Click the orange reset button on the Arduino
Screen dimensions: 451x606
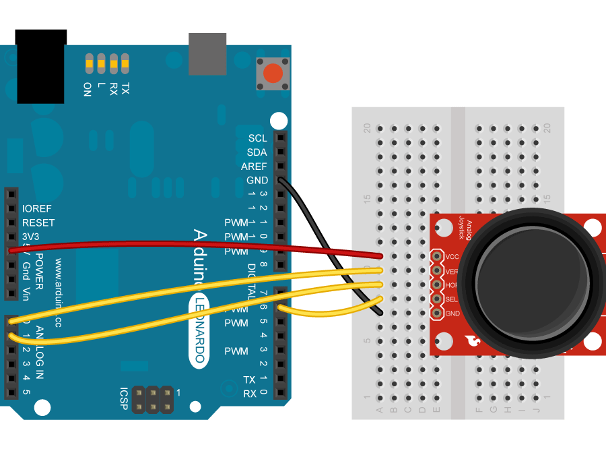(273, 73)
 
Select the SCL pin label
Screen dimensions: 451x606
(257, 138)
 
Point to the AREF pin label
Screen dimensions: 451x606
(254, 167)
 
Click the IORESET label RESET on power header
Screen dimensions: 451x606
(38, 223)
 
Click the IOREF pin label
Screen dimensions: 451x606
(37, 209)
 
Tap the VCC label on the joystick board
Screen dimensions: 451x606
(452, 257)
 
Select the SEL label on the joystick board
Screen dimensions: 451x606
(451, 299)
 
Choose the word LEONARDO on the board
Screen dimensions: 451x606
(198, 330)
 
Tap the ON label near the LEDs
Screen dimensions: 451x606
(87, 89)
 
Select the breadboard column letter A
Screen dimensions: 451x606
(379, 410)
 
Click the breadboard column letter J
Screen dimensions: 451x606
(537, 410)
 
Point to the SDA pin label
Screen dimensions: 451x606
(257, 152)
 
